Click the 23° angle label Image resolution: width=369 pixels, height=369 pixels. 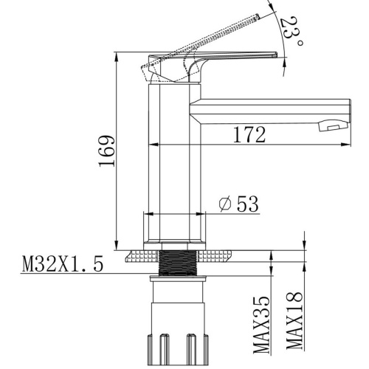(292, 31)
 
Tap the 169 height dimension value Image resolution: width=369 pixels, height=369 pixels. (107, 151)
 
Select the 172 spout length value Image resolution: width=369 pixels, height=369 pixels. (249, 134)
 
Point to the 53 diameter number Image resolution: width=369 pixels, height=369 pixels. (248, 204)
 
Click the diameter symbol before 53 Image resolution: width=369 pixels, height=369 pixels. (225, 204)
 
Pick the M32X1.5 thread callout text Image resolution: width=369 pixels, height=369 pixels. (63, 263)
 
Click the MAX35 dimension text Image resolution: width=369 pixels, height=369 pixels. (261, 325)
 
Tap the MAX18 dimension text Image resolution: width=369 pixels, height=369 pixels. (294, 320)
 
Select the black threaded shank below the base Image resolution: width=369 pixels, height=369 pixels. (178, 263)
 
